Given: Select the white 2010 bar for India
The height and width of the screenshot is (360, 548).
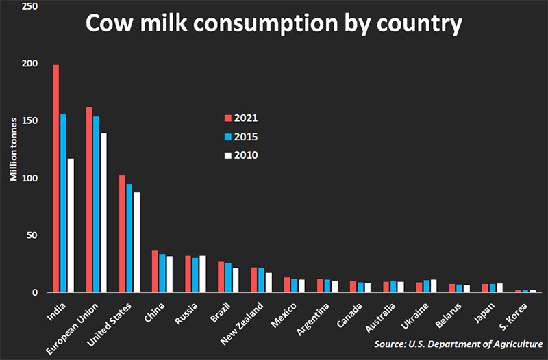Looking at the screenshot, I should [71, 225].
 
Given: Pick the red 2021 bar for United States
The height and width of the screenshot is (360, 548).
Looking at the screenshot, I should [122, 233].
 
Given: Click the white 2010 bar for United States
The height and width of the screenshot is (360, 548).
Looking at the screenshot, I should [136, 242].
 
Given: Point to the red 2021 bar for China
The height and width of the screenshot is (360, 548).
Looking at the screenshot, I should [155, 271].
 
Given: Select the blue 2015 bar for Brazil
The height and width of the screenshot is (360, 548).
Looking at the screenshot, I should [227, 277].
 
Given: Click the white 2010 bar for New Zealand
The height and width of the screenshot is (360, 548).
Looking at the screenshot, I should [269, 282].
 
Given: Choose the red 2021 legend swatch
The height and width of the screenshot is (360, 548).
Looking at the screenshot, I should [229, 118].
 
